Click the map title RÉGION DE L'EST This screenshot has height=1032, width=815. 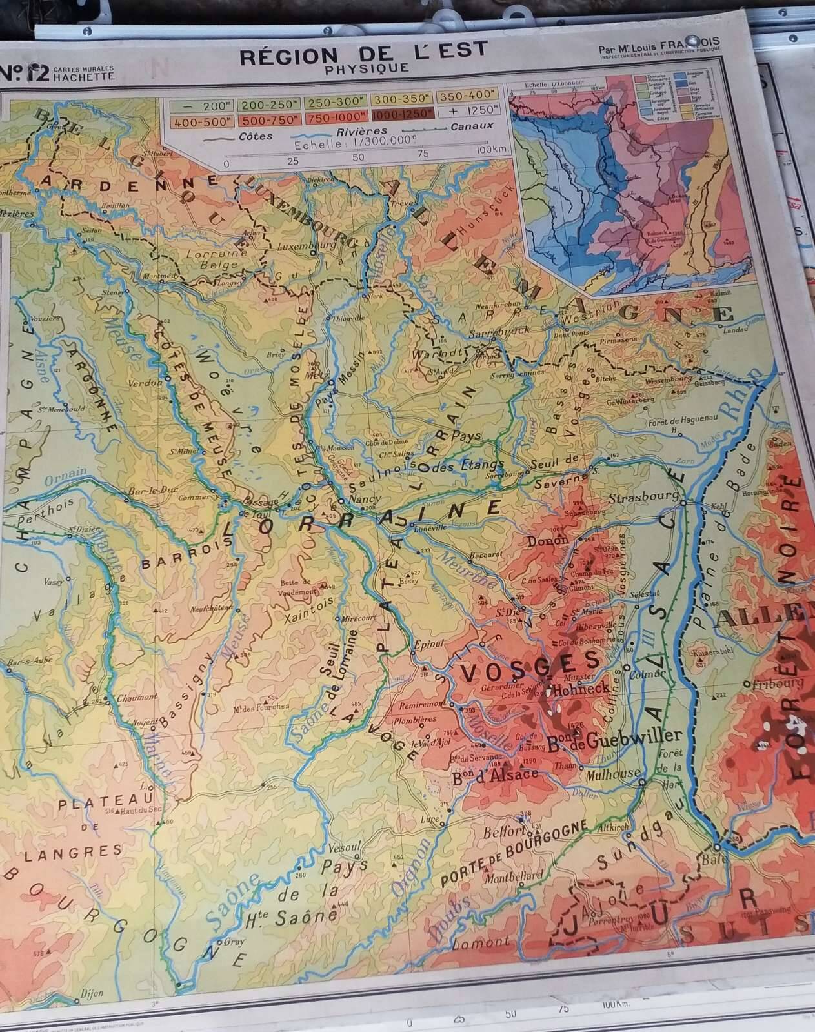(x=363, y=54)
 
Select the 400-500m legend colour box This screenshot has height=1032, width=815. (x=196, y=119)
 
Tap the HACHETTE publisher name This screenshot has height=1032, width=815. (x=84, y=76)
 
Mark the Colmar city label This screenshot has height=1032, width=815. (x=647, y=673)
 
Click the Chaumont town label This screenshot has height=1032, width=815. (x=137, y=697)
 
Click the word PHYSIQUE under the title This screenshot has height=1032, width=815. (x=367, y=68)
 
